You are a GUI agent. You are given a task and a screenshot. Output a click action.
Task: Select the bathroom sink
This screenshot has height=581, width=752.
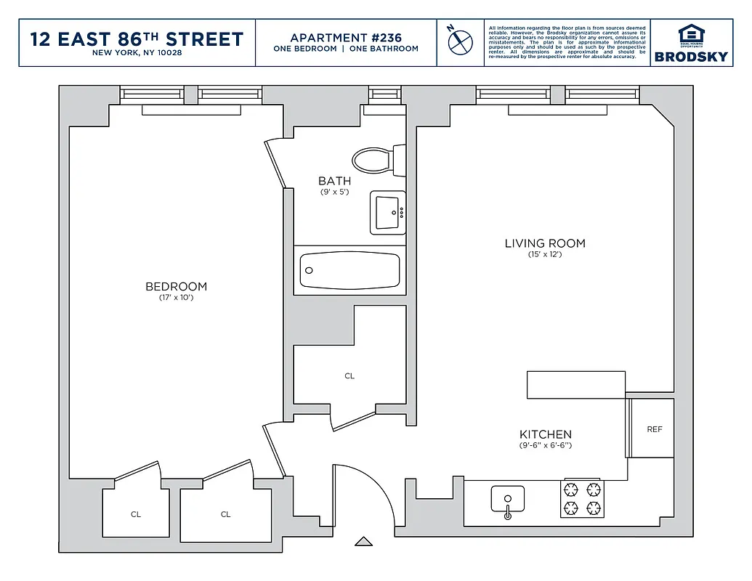(x=387, y=213)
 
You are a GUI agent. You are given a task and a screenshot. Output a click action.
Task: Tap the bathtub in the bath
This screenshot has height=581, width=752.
(x=350, y=270)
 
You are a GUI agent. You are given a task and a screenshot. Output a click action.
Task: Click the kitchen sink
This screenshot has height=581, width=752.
(x=507, y=500)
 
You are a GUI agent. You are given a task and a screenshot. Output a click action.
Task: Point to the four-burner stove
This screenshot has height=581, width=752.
(x=583, y=498)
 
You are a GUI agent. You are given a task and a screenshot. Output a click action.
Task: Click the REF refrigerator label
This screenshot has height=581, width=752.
(x=655, y=429)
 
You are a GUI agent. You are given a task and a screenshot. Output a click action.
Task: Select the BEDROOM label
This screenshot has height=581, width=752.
(x=176, y=287)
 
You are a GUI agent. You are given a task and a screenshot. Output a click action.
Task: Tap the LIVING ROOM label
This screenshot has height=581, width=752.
(x=545, y=243)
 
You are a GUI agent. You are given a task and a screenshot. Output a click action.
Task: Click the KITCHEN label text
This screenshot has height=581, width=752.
(x=545, y=434)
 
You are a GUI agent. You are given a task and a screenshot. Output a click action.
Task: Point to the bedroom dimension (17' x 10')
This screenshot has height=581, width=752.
(x=176, y=298)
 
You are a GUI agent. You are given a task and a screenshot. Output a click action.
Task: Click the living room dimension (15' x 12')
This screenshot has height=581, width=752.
(x=545, y=254)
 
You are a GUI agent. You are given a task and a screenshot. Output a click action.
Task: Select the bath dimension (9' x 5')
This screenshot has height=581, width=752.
(x=334, y=192)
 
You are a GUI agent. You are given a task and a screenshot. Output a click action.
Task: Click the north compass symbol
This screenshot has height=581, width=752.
(x=460, y=41)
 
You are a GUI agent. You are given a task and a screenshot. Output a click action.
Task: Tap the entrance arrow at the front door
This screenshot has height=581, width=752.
(x=363, y=541)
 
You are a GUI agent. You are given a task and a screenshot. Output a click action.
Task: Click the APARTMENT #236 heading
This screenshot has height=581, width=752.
(x=346, y=38)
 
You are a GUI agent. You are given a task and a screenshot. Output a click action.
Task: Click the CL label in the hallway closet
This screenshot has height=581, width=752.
(x=349, y=376)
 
